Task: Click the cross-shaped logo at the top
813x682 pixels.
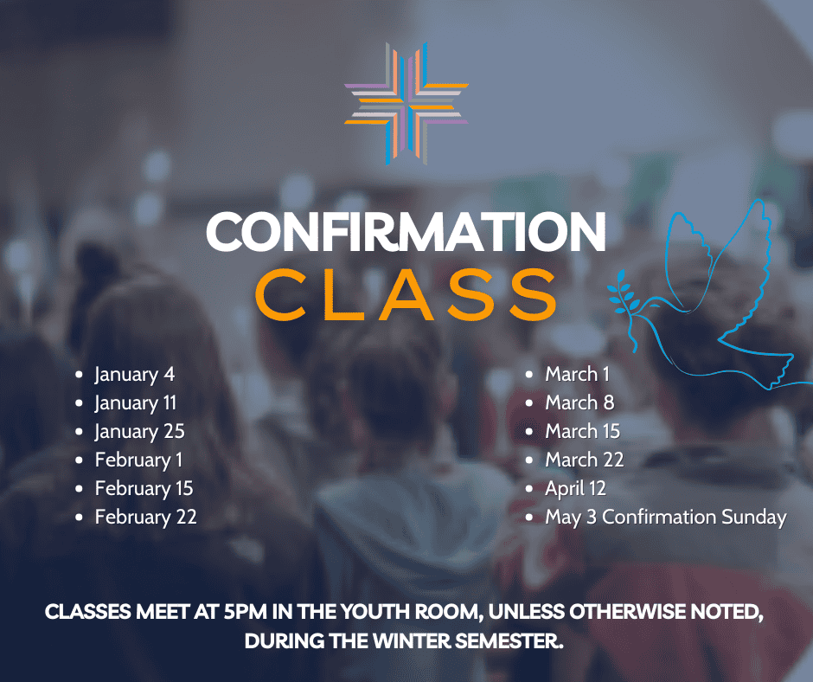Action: (x=406, y=103)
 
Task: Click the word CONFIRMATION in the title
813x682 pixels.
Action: (x=406, y=231)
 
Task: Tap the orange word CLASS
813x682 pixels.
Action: (x=406, y=295)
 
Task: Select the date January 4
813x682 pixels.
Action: (x=135, y=375)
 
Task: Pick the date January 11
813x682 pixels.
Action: (x=136, y=403)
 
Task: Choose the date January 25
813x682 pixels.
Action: (x=139, y=432)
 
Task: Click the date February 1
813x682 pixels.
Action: (x=139, y=460)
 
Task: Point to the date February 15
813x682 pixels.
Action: (x=144, y=489)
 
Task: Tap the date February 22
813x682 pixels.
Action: (x=145, y=518)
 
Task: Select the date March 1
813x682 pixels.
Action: (x=577, y=374)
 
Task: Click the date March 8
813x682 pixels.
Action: (x=579, y=402)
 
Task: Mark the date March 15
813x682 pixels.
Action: (x=583, y=431)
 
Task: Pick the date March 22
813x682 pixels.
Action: (x=585, y=460)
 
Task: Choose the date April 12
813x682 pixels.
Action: (x=575, y=489)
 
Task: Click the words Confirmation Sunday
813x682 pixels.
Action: (x=695, y=518)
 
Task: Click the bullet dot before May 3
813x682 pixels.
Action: (x=529, y=518)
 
